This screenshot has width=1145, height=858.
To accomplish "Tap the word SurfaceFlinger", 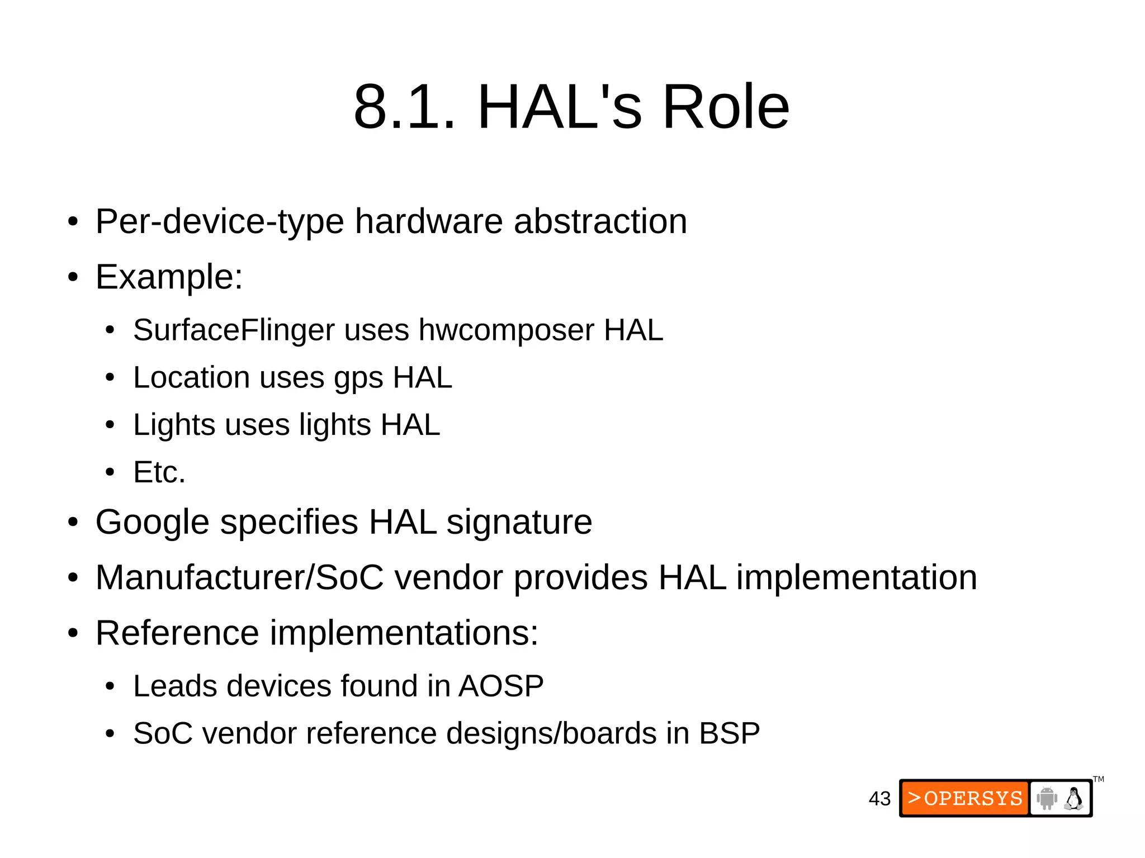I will pos(234,330).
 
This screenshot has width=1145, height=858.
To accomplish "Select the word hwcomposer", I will pos(506,330).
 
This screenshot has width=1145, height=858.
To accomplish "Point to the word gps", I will pos(358,378).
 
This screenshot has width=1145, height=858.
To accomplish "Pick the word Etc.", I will pos(159,472).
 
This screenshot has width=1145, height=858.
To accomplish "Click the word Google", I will pos(152,523).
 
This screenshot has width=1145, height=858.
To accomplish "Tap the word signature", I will pos(519,523).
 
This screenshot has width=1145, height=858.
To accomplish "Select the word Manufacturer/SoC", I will pos(239,577).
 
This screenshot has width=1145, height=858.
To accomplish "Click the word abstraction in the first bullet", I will pos(600,221).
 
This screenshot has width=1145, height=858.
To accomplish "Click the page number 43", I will pos(879,799).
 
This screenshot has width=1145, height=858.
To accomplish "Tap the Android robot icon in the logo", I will pos(1046,798).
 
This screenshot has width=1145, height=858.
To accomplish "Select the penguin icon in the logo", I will pos(1073,798).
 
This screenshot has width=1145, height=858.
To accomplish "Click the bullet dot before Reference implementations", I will pos(73,634).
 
